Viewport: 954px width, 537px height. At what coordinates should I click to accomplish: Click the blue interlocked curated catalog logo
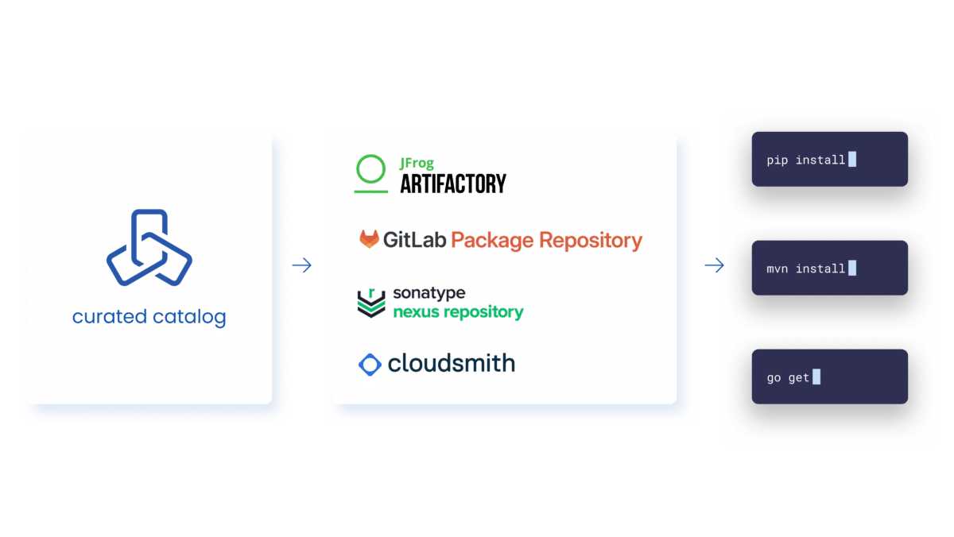click(149, 247)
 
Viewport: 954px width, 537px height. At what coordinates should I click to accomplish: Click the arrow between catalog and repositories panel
click(301, 266)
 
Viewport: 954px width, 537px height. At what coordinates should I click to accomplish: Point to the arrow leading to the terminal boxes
click(714, 266)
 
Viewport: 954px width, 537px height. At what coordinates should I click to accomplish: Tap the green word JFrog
click(417, 164)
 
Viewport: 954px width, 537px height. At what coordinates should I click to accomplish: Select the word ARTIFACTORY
click(452, 184)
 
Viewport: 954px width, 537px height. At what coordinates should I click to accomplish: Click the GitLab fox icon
click(370, 239)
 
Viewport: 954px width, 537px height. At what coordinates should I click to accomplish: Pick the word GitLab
click(413, 239)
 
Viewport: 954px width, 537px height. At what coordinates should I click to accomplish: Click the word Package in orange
click(491, 240)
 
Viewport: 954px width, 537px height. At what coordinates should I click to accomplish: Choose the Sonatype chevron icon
click(371, 303)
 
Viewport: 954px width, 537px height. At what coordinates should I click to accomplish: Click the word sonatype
click(429, 293)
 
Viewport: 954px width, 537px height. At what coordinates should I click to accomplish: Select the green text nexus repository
click(458, 311)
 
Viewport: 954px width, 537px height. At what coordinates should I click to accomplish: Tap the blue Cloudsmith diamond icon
click(370, 365)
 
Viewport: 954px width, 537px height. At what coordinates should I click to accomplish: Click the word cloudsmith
click(451, 363)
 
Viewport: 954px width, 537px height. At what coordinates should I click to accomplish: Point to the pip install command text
click(805, 160)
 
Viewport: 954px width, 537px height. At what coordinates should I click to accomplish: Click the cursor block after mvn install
click(852, 268)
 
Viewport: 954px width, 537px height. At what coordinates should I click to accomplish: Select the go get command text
click(788, 377)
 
